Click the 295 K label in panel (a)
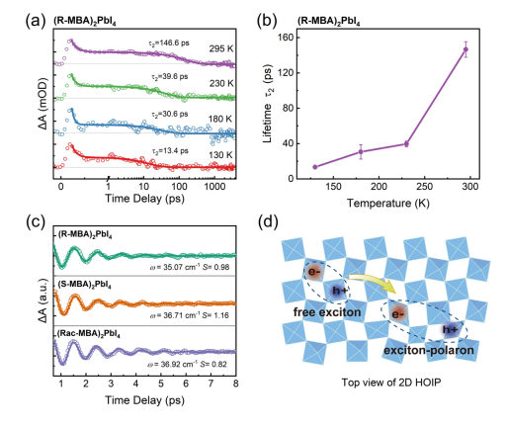pyautogui.click(x=221, y=48)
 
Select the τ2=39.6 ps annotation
pyautogui.click(x=170, y=77)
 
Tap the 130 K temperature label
pyautogui.click(x=220, y=155)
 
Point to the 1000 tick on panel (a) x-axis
pyautogui.click(x=214, y=187)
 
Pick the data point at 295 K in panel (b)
pyautogui.click(x=465, y=49)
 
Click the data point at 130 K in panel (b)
pyautogui.click(x=315, y=167)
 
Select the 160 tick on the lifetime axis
pyautogui.click(x=285, y=38)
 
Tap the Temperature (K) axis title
pyautogui.click(x=388, y=203)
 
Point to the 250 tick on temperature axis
pyautogui.click(x=424, y=187)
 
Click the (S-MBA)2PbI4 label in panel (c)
pyautogui.click(x=84, y=285)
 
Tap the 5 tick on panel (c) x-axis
pyautogui.click(x=161, y=384)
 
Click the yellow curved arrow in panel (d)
pyautogui.click(x=376, y=280)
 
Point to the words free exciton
pyautogui.click(x=327, y=312)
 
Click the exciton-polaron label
pyautogui.click(x=429, y=350)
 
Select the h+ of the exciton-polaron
pyautogui.click(x=451, y=329)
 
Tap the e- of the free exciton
pyautogui.click(x=314, y=272)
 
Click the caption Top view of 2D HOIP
pyautogui.click(x=391, y=383)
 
